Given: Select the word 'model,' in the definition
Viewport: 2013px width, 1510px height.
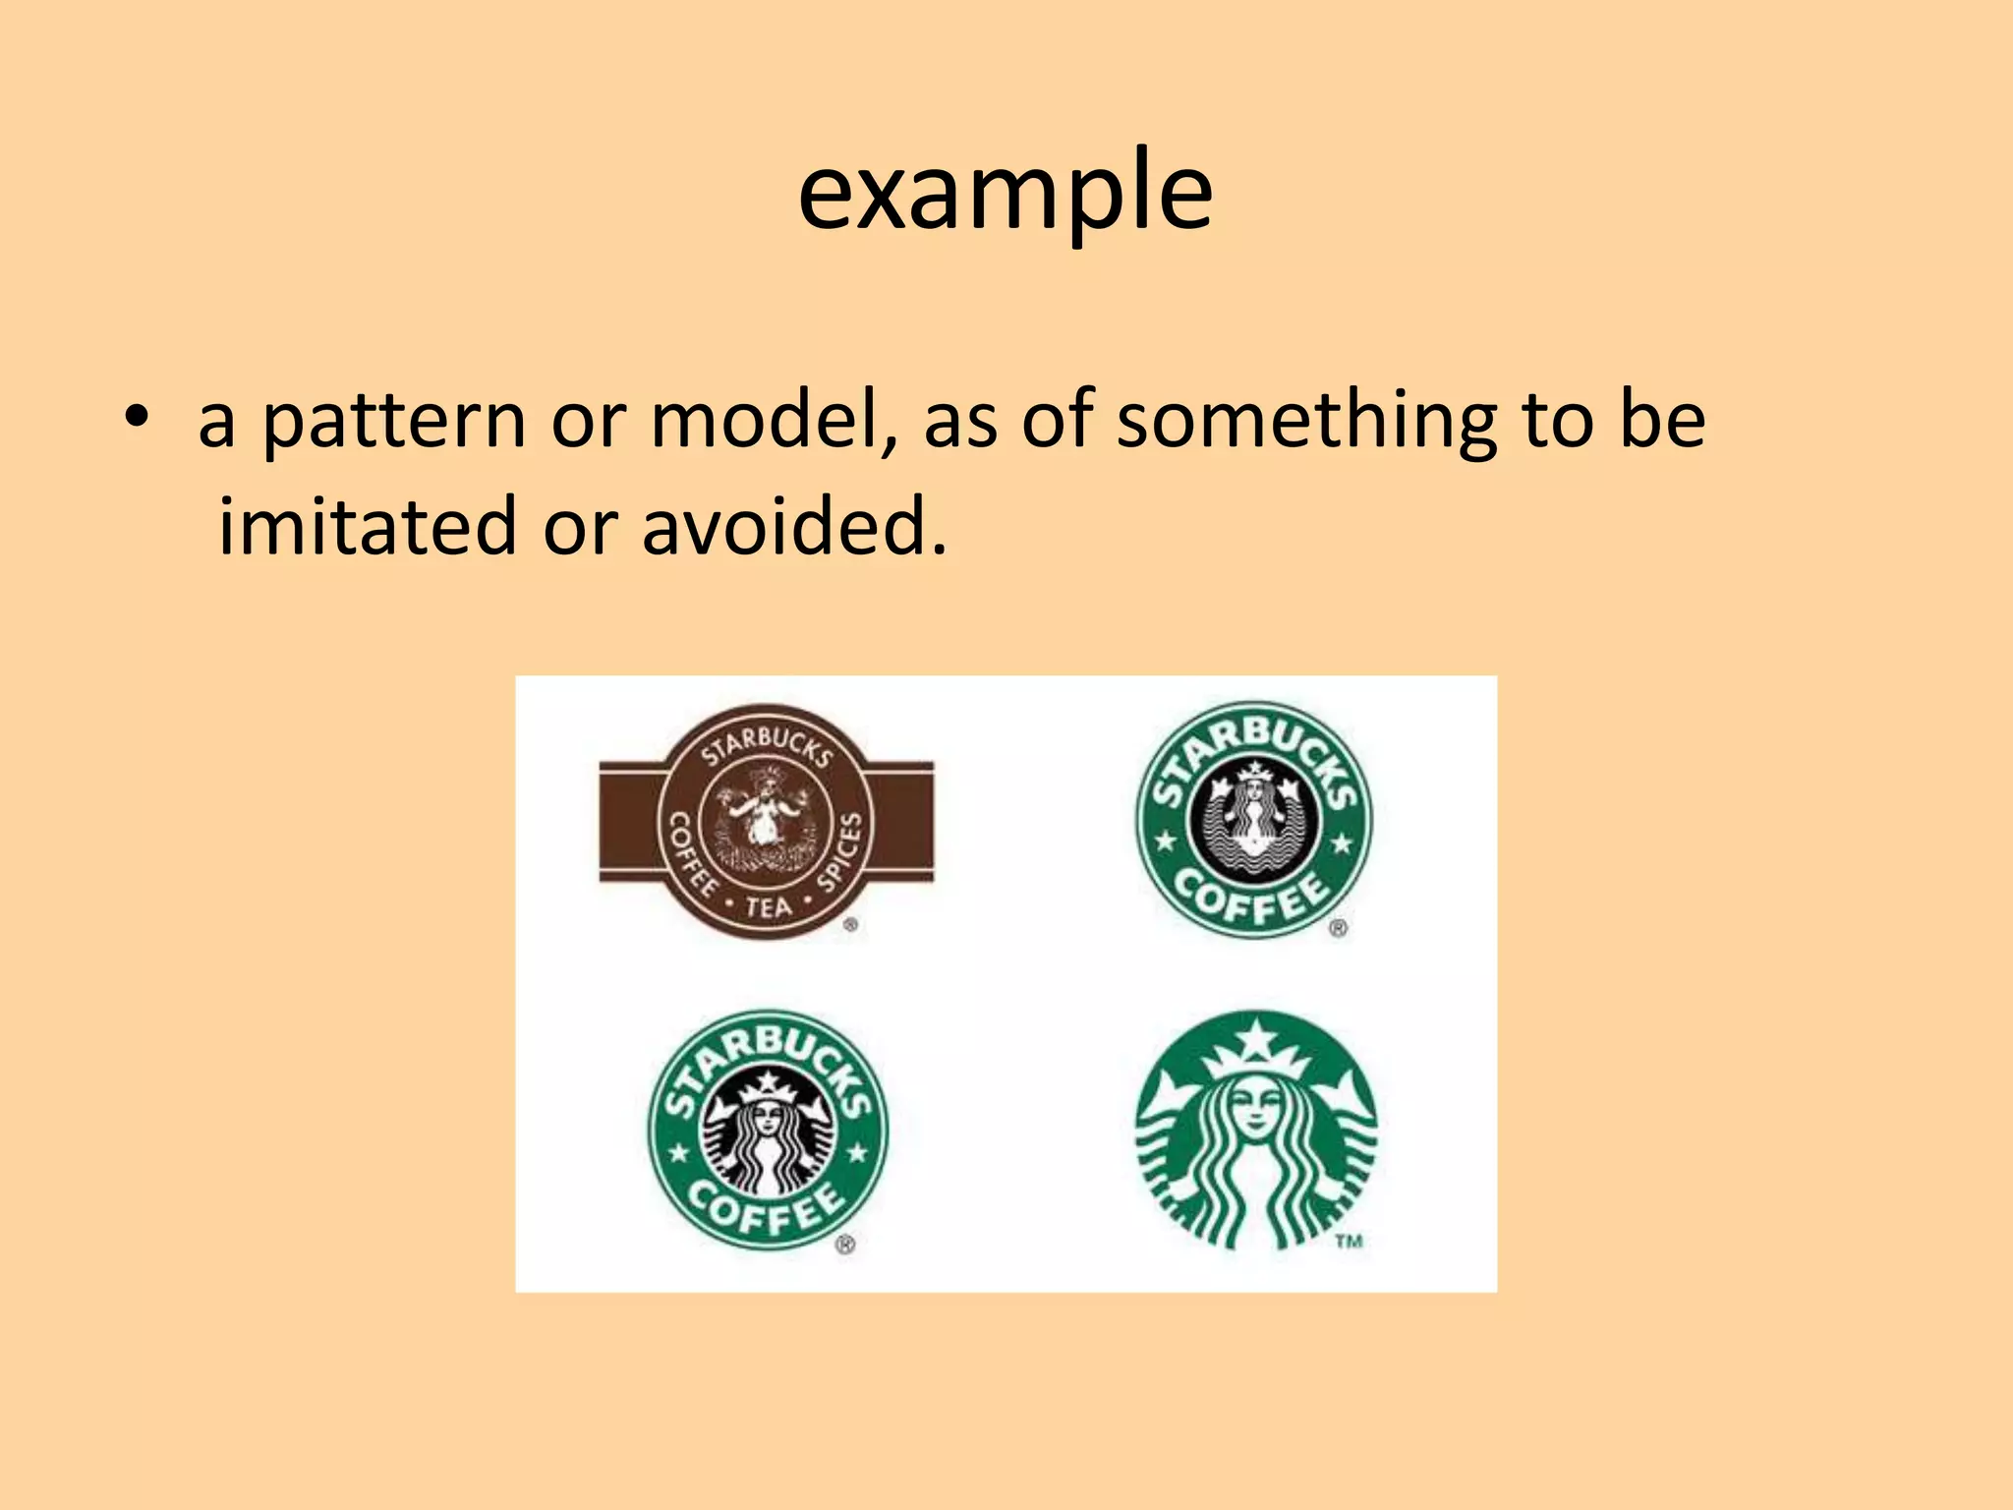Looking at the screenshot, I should click(775, 421).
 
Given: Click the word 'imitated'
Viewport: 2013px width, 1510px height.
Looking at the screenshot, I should click(366, 527).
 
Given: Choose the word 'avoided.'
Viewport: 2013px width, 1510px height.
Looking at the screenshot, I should click(794, 527).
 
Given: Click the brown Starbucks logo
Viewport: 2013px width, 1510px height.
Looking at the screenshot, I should click(767, 822).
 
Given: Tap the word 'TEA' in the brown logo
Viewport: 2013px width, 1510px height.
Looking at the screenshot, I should click(768, 906).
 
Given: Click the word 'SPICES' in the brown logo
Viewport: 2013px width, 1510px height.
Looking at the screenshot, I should click(841, 850).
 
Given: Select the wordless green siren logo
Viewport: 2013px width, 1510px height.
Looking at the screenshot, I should click(1255, 1131).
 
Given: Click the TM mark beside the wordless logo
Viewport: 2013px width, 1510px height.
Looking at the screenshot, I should click(1349, 1242).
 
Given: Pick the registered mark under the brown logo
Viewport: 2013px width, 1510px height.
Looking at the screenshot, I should click(850, 924).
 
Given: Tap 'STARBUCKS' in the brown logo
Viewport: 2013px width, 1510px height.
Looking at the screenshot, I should click(767, 745).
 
